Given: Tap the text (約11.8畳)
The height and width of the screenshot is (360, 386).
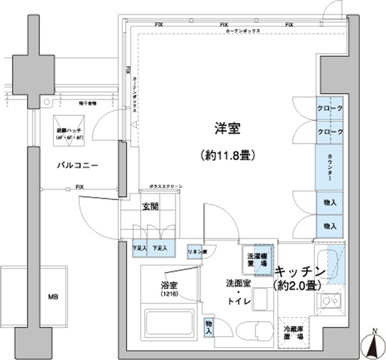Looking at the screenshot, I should click(x=226, y=156).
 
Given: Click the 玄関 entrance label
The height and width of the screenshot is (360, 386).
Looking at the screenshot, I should click(x=151, y=209).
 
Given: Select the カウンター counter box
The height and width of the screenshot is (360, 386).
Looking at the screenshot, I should click(x=330, y=166).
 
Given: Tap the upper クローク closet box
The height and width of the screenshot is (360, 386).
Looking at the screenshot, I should click(x=330, y=108).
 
